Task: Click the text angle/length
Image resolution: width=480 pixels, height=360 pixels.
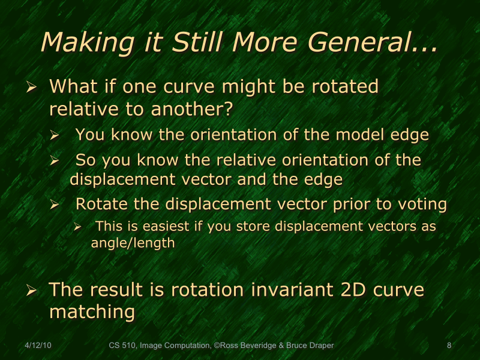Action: point(133,243)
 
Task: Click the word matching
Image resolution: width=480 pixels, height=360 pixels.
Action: point(92,312)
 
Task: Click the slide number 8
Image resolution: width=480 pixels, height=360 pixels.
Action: point(449,346)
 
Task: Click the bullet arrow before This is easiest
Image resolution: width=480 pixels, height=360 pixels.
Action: point(77,227)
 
